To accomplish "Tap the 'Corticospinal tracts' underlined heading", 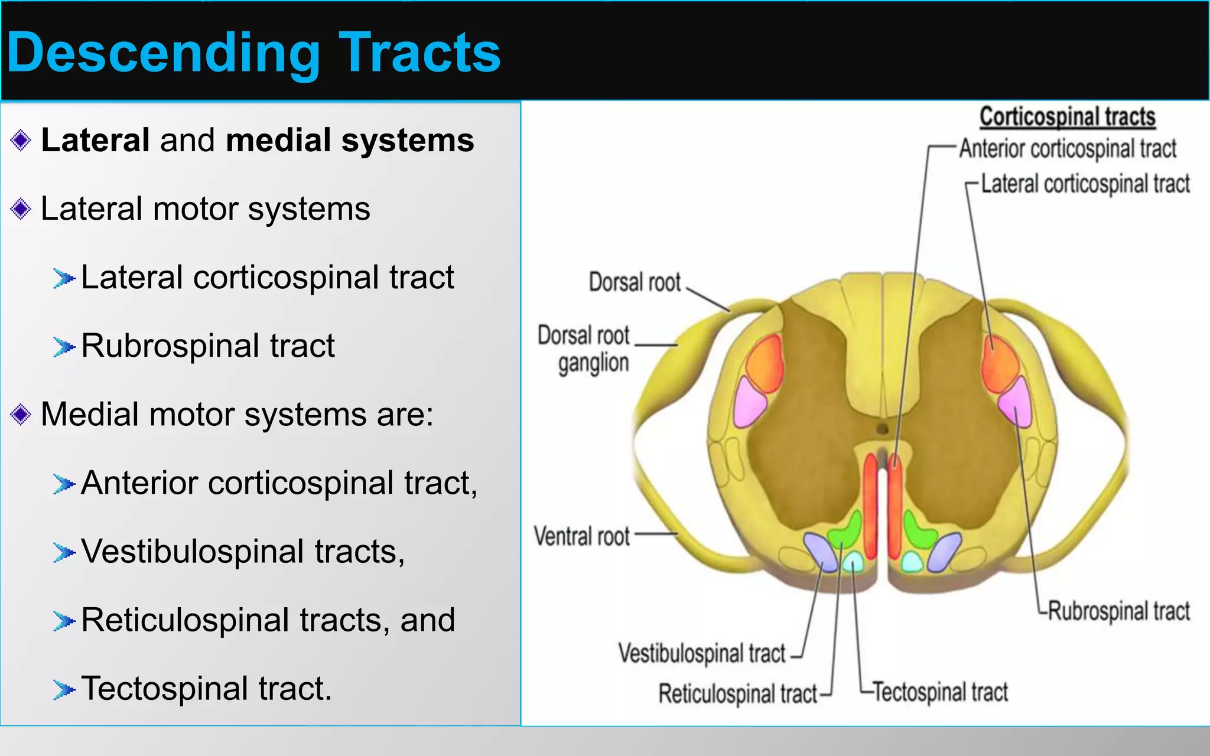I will click(x=1067, y=117).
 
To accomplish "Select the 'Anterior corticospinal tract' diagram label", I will click(x=1067, y=149).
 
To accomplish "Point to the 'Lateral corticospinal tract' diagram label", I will click(x=1085, y=184).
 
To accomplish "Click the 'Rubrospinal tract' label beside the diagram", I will click(x=1118, y=611).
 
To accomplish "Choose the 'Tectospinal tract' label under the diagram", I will click(x=940, y=692).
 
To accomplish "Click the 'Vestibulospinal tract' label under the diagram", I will click(x=702, y=653).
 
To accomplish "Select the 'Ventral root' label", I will click(x=582, y=536).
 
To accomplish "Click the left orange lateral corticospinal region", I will click(x=765, y=363).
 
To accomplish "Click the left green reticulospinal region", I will click(x=846, y=530).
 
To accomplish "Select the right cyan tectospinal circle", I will click(x=911, y=562).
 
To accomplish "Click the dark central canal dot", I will click(x=883, y=428).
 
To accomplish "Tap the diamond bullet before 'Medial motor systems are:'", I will click(x=21, y=415).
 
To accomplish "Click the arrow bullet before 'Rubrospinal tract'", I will click(x=63, y=347).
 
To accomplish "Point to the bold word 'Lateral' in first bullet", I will click(x=95, y=141).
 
